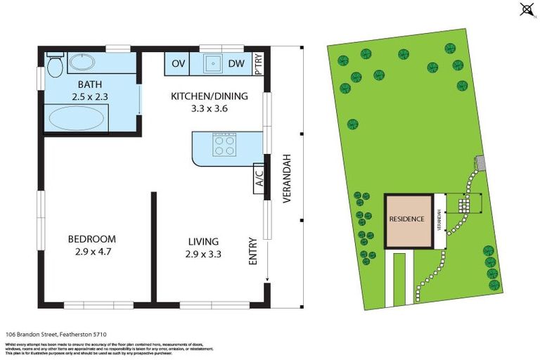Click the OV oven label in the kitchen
pos(179,64)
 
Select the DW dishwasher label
pos(236,64)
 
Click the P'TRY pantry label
pos(258,65)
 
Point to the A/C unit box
pos(258,179)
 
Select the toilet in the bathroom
pos(55,65)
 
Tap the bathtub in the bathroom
pos(75,117)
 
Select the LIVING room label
pos(203,240)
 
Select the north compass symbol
pos(525,9)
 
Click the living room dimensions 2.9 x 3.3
pos(203,254)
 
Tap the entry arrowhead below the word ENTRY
pos(267,284)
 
